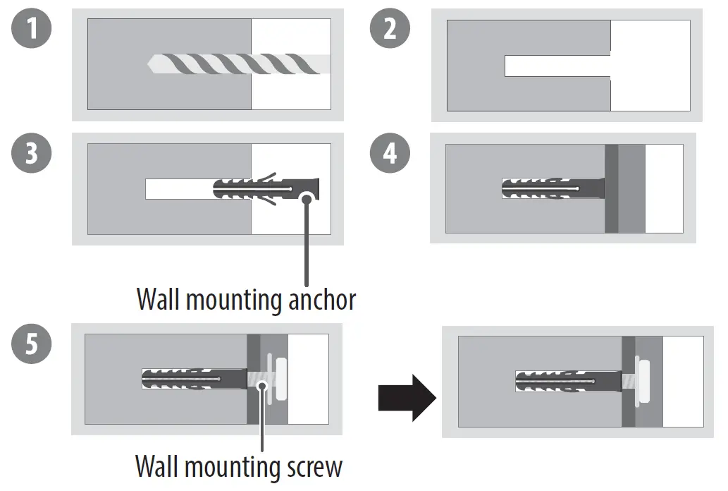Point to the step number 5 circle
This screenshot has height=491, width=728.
[x=31, y=344]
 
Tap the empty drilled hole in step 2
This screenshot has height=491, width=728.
[x=557, y=66]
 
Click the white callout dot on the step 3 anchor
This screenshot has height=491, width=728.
[x=306, y=198]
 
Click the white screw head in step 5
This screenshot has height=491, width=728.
[x=283, y=379]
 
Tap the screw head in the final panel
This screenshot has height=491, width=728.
[x=643, y=381]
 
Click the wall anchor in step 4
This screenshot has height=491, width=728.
[x=552, y=189]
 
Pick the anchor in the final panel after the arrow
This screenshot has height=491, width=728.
[x=567, y=382]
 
